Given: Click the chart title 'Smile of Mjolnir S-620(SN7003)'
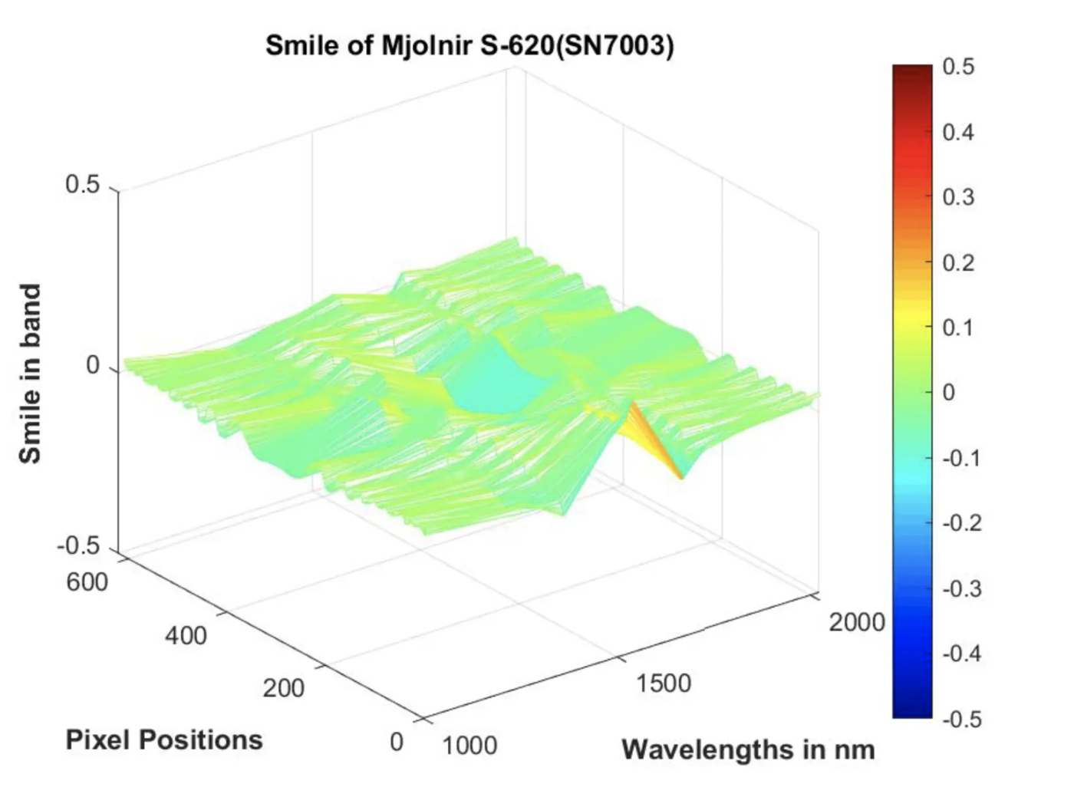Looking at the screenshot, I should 469,46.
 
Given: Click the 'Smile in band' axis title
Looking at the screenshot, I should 30,374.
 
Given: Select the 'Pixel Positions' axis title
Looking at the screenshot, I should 164,739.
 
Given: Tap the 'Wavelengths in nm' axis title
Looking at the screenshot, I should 748,749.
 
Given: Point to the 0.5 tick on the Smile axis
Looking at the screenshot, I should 82,185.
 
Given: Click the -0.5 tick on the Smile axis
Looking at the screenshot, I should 78,547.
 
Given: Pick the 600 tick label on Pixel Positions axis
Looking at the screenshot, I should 87,582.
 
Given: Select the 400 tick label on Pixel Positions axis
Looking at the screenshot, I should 186,635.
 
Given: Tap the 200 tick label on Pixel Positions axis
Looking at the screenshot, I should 284,688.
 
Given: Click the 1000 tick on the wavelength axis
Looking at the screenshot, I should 469,745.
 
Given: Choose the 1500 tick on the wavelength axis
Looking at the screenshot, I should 664,683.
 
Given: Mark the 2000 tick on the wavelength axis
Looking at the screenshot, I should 857,622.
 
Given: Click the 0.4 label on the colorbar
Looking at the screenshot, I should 958,132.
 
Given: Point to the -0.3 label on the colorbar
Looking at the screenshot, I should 962,588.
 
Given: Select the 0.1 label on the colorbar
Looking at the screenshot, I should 958,328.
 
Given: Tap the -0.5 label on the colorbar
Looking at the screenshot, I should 962,719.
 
